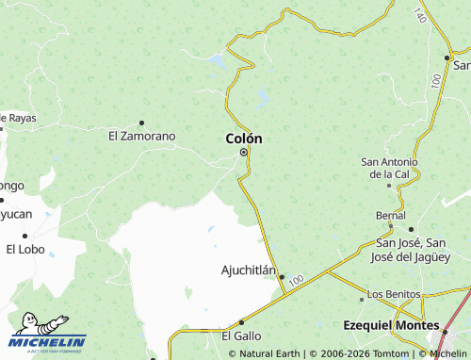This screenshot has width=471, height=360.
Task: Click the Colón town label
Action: (244, 139)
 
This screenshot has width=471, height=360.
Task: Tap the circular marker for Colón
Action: (243, 152)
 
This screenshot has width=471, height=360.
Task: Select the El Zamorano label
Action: (141, 136)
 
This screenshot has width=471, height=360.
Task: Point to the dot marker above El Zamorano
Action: (141, 123)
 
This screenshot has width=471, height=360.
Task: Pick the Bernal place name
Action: (390, 216)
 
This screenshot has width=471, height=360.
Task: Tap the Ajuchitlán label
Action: (248, 270)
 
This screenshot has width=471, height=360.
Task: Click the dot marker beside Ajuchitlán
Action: (282, 277)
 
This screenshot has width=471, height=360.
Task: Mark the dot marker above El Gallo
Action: (242, 322)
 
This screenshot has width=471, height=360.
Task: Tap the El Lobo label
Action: (24, 250)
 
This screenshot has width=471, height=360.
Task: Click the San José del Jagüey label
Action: (412, 250)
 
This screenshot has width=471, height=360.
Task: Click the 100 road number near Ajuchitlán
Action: (298, 280)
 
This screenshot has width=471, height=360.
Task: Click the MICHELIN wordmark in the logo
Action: (50, 341)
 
